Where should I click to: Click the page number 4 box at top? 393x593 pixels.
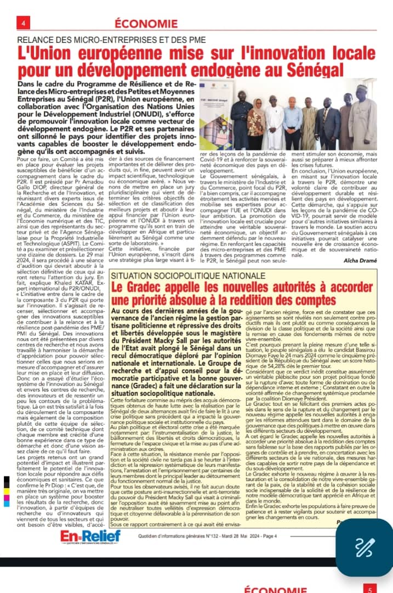[x=24, y=23]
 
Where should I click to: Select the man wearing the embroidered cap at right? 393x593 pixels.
[x=362, y=118]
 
